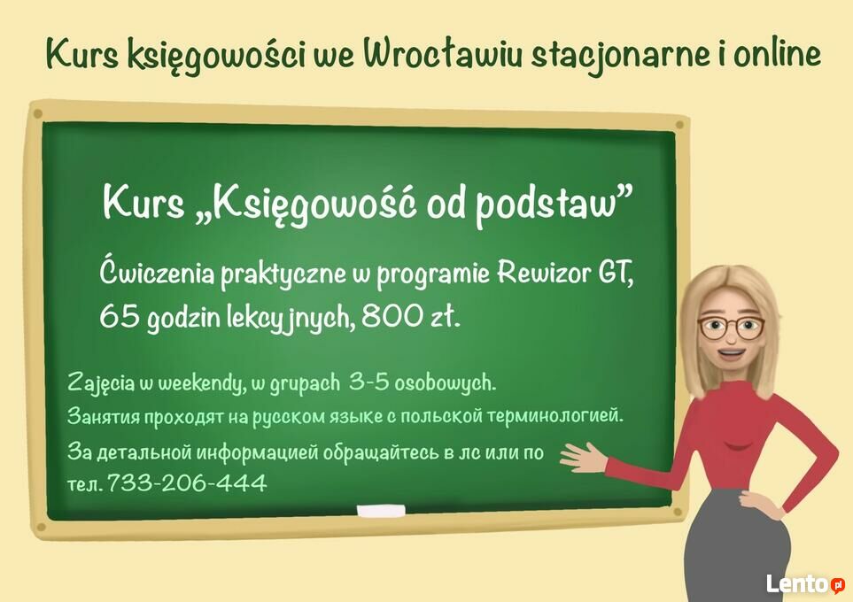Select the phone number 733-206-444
(x=187, y=482)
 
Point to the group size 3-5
(x=369, y=382)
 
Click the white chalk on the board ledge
(x=381, y=511)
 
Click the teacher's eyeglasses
(x=731, y=328)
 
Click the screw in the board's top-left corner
(x=37, y=114)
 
